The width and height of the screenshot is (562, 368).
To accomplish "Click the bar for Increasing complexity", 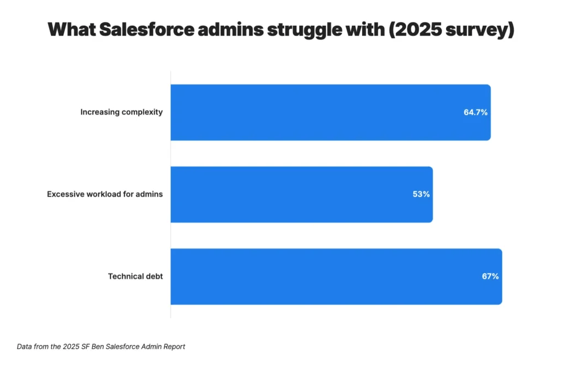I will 330,112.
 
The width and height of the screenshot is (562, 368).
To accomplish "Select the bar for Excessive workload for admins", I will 301,194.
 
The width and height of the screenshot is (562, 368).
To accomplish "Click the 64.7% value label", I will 475,112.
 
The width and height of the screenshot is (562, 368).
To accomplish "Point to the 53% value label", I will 421,194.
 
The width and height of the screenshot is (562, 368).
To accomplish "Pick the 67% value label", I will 490,276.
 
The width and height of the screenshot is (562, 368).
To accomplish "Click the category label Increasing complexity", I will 121,112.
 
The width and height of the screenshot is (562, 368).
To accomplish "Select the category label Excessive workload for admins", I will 105,194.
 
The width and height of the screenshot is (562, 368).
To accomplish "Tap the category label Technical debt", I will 135,276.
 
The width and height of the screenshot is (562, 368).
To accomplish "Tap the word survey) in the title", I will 486,30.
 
